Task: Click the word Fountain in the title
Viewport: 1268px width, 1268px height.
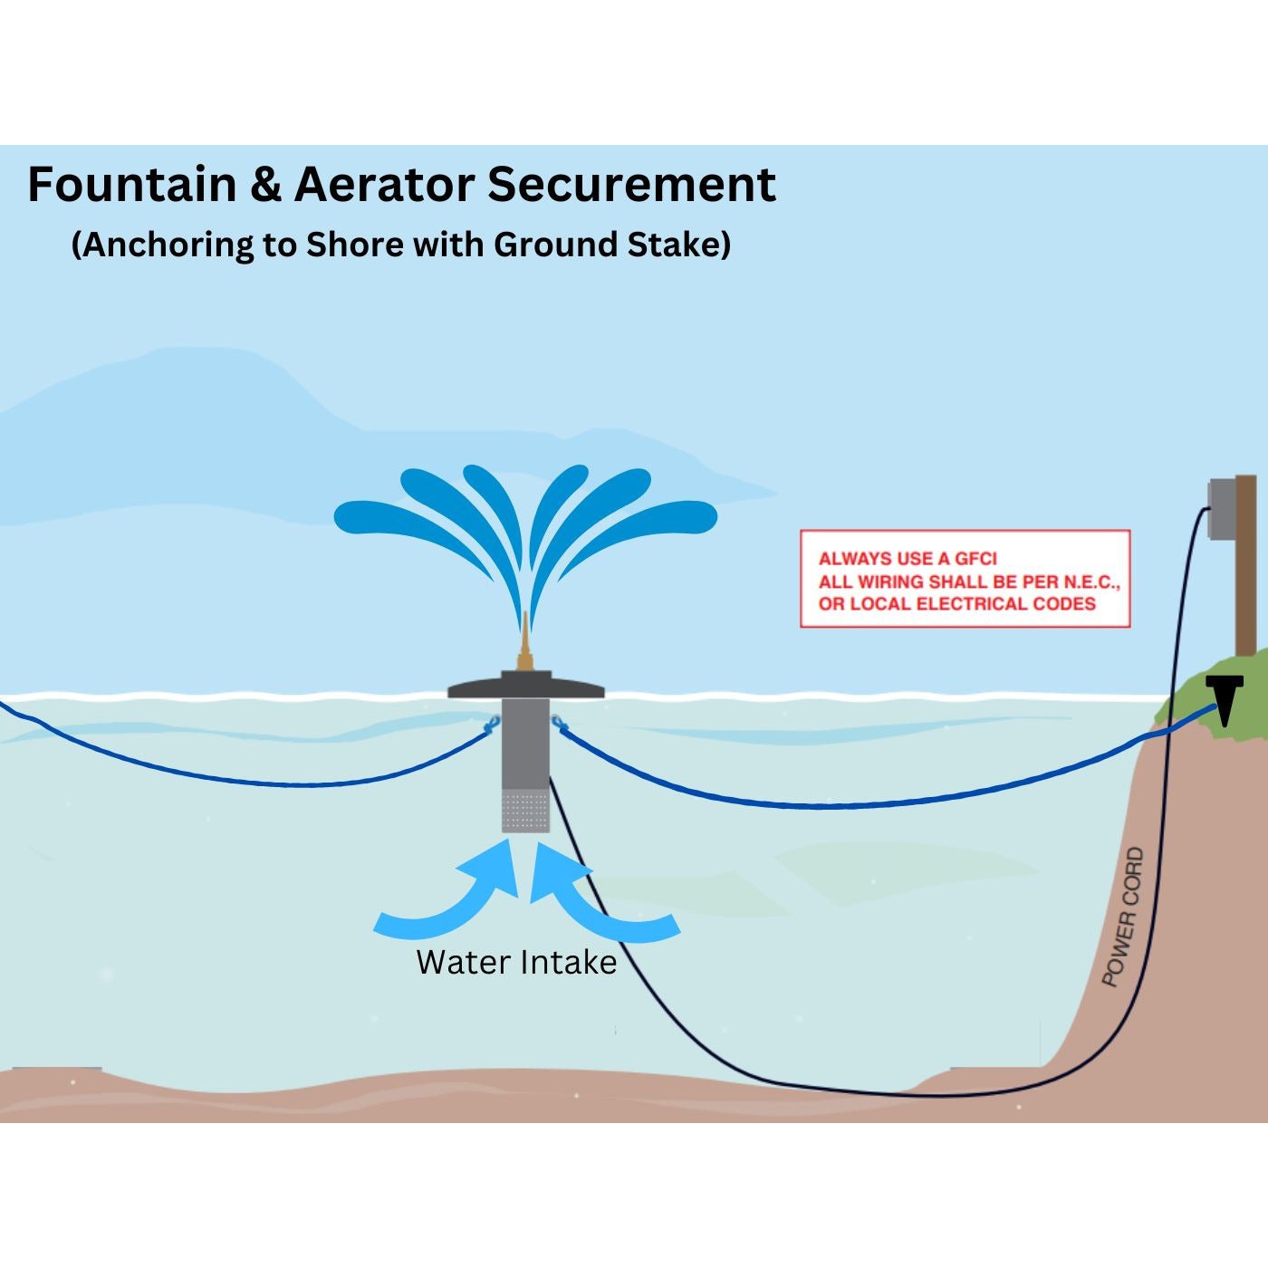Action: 132,185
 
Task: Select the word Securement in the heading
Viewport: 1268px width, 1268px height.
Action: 631,185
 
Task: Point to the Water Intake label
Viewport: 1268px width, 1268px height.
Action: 516,962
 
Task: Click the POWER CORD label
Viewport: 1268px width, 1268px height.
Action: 1123,917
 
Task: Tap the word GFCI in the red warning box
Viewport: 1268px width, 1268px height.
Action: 975,559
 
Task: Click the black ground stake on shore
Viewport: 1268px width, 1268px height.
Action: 1226,698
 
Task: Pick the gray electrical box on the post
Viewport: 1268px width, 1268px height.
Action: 1222,509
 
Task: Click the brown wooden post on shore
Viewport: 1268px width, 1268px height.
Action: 1247,580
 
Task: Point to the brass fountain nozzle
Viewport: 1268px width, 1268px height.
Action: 524,645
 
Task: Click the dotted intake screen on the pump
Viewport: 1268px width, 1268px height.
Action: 525,811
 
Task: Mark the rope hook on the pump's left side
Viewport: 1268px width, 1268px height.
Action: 494,723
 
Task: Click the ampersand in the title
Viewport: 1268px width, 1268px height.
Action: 264,185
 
